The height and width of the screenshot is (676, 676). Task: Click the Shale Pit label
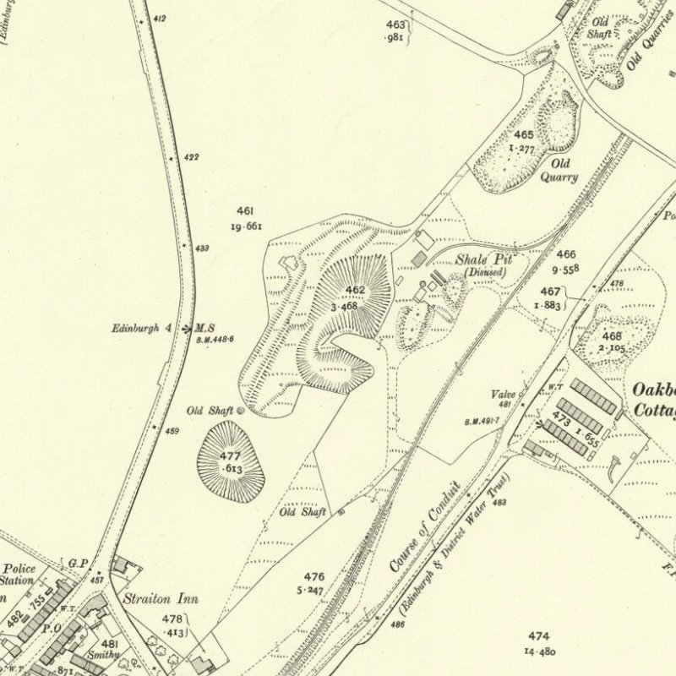(x=484, y=260)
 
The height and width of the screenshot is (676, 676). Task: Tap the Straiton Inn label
(x=161, y=599)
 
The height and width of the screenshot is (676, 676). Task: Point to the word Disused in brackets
(x=484, y=272)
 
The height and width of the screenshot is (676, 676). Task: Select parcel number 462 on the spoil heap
(x=355, y=291)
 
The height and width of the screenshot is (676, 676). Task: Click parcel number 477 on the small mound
(x=231, y=456)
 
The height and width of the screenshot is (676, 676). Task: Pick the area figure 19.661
(x=246, y=226)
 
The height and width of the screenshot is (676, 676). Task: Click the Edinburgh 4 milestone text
(x=143, y=328)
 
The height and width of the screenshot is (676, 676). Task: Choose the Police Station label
(x=19, y=575)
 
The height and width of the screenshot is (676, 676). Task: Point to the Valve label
(x=504, y=395)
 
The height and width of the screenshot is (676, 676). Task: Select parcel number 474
(x=538, y=635)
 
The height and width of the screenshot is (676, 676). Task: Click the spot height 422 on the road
(x=191, y=157)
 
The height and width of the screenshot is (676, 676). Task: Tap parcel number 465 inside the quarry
(x=524, y=134)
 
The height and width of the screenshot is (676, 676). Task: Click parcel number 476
(x=313, y=577)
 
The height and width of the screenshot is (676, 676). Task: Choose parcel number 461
(x=245, y=210)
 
